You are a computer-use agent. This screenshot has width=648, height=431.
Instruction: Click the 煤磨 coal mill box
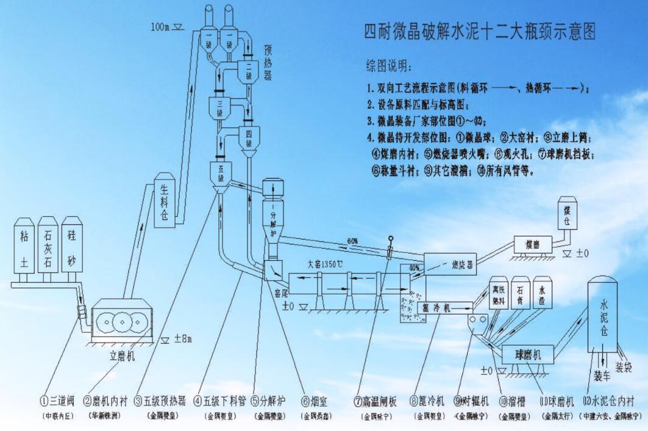click(533, 244)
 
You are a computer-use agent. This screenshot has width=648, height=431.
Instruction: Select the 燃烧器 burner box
click(450, 263)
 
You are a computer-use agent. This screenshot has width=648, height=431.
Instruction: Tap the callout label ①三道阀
click(57, 402)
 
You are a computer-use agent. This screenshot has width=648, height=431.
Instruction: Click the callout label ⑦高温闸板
click(376, 402)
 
